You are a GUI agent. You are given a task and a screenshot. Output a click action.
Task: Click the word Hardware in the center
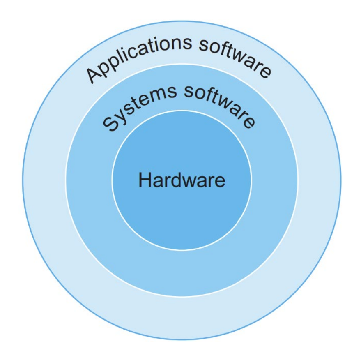pyautogui.click(x=182, y=180)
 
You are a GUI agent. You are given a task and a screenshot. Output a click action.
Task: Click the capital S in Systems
pyautogui.click(x=110, y=124)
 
